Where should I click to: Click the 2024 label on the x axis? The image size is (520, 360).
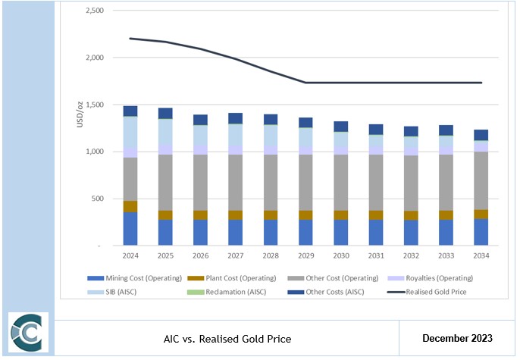(130, 255)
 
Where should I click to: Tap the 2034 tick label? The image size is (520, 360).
(481, 255)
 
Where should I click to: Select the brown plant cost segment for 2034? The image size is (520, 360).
(481, 214)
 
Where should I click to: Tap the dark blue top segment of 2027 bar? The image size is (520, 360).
(236, 118)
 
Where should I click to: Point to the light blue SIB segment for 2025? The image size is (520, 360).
(165, 130)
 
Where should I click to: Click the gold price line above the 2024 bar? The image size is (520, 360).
(130, 38)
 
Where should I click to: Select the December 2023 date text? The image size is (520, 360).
(457, 337)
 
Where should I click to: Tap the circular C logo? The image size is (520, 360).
(28, 332)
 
